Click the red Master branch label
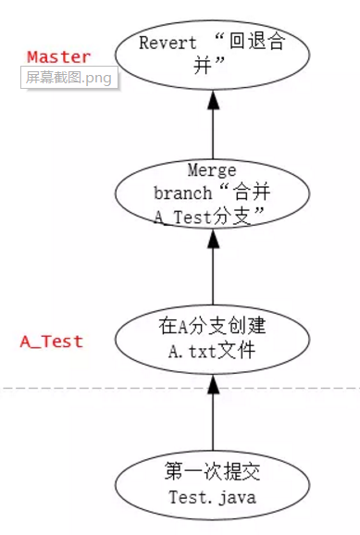[x=59, y=57]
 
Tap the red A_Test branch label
[x=52, y=341]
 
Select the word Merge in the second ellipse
[x=212, y=170]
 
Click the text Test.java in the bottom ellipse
[x=214, y=497]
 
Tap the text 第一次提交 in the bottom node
[x=214, y=473]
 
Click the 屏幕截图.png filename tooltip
[x=68, y=78]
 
